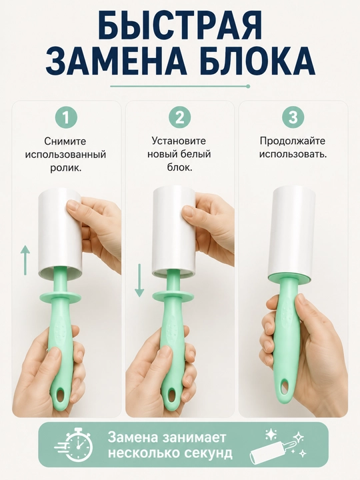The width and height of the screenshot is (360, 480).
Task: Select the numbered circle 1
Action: click(x=66, y=118)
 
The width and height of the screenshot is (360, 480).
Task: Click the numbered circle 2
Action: click(x=180, y=118)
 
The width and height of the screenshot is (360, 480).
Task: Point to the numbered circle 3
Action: click(x=293, y=118)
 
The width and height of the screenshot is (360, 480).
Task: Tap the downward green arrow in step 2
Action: click(x=139, y=280)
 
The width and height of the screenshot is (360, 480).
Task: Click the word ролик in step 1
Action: click(x=65, y=168)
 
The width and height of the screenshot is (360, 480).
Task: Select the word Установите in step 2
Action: click(x=179, y=141)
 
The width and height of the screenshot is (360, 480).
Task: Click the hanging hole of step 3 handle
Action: click(x=286, y=387)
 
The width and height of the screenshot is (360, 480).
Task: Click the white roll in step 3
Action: click(x=291, y=232)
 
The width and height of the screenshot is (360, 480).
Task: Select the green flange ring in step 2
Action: click(x=173, y=296)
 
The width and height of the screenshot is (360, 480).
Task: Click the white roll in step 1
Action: click(x=60, y=232)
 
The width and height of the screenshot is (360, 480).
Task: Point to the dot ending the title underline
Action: click(x=248, y=86)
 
